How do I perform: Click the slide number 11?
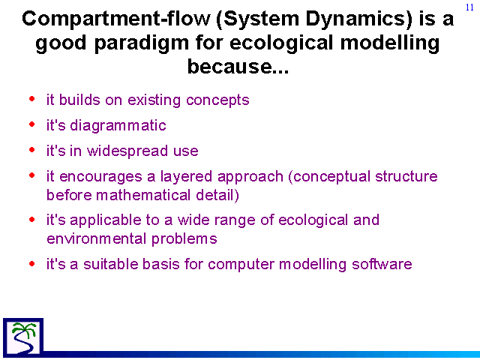[469, 7]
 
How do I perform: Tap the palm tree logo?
[23, 337]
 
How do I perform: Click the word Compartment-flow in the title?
[116, 19]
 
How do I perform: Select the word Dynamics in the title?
[358, 19]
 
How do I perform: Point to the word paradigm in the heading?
[141, 43]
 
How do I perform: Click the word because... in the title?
[238, 66]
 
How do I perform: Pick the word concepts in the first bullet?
[217, 100]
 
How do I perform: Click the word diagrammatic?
[118, 125]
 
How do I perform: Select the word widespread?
[127, 151]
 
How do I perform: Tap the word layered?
[186, 177]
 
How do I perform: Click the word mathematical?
[143, 195]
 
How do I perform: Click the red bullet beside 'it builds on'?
[32, 99]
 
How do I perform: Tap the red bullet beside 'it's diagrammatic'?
[32, 124]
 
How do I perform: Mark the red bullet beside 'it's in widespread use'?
[32, 150]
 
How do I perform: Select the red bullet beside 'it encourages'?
[32, 175]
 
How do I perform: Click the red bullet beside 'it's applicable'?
[32, 219]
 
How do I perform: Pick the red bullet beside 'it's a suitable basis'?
[32, 263]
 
